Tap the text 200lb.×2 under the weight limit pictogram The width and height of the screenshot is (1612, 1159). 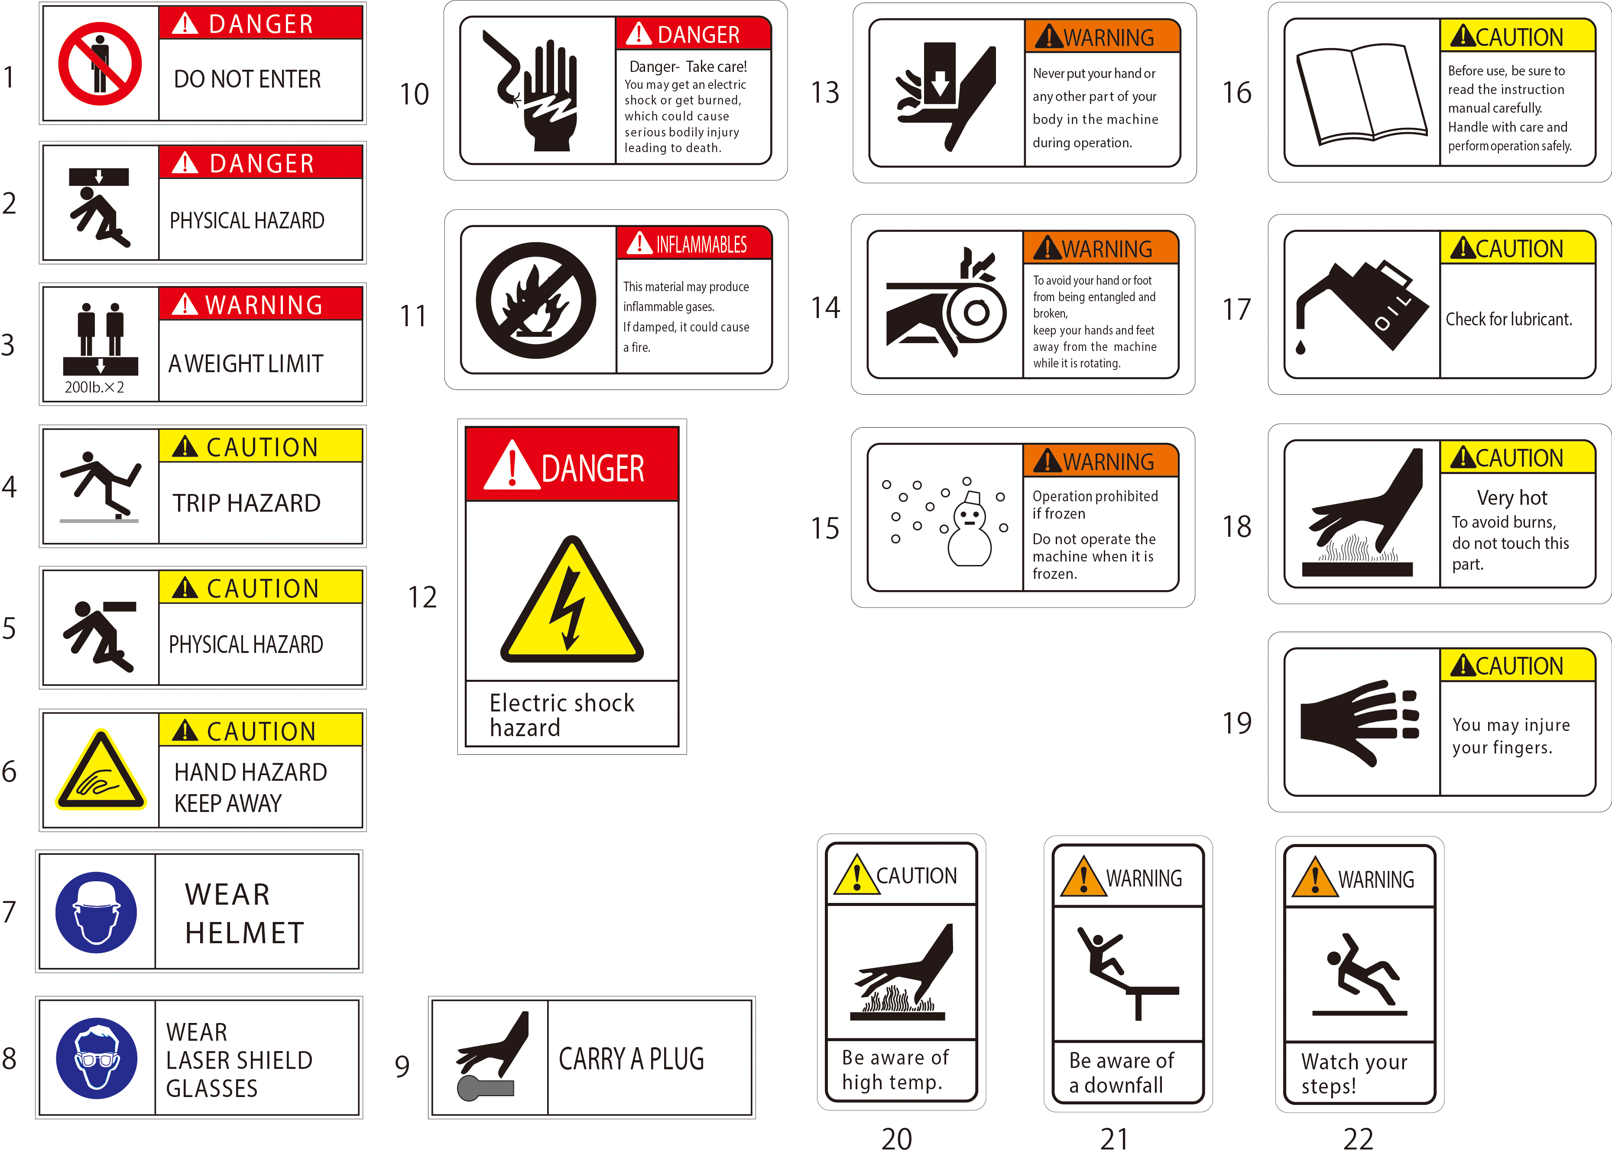pos(94,387)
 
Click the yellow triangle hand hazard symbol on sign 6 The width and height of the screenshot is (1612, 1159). pos(101,769)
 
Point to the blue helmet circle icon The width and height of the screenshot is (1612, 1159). pos(96,912)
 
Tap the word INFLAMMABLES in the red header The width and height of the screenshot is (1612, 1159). pos(701,245)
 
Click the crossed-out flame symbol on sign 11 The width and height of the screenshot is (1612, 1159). pos(536,300)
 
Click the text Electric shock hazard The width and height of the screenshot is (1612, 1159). pos(561,715)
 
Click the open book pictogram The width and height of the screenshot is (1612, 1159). pos(1362,93)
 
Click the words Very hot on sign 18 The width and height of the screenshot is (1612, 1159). pos(1512,498)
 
